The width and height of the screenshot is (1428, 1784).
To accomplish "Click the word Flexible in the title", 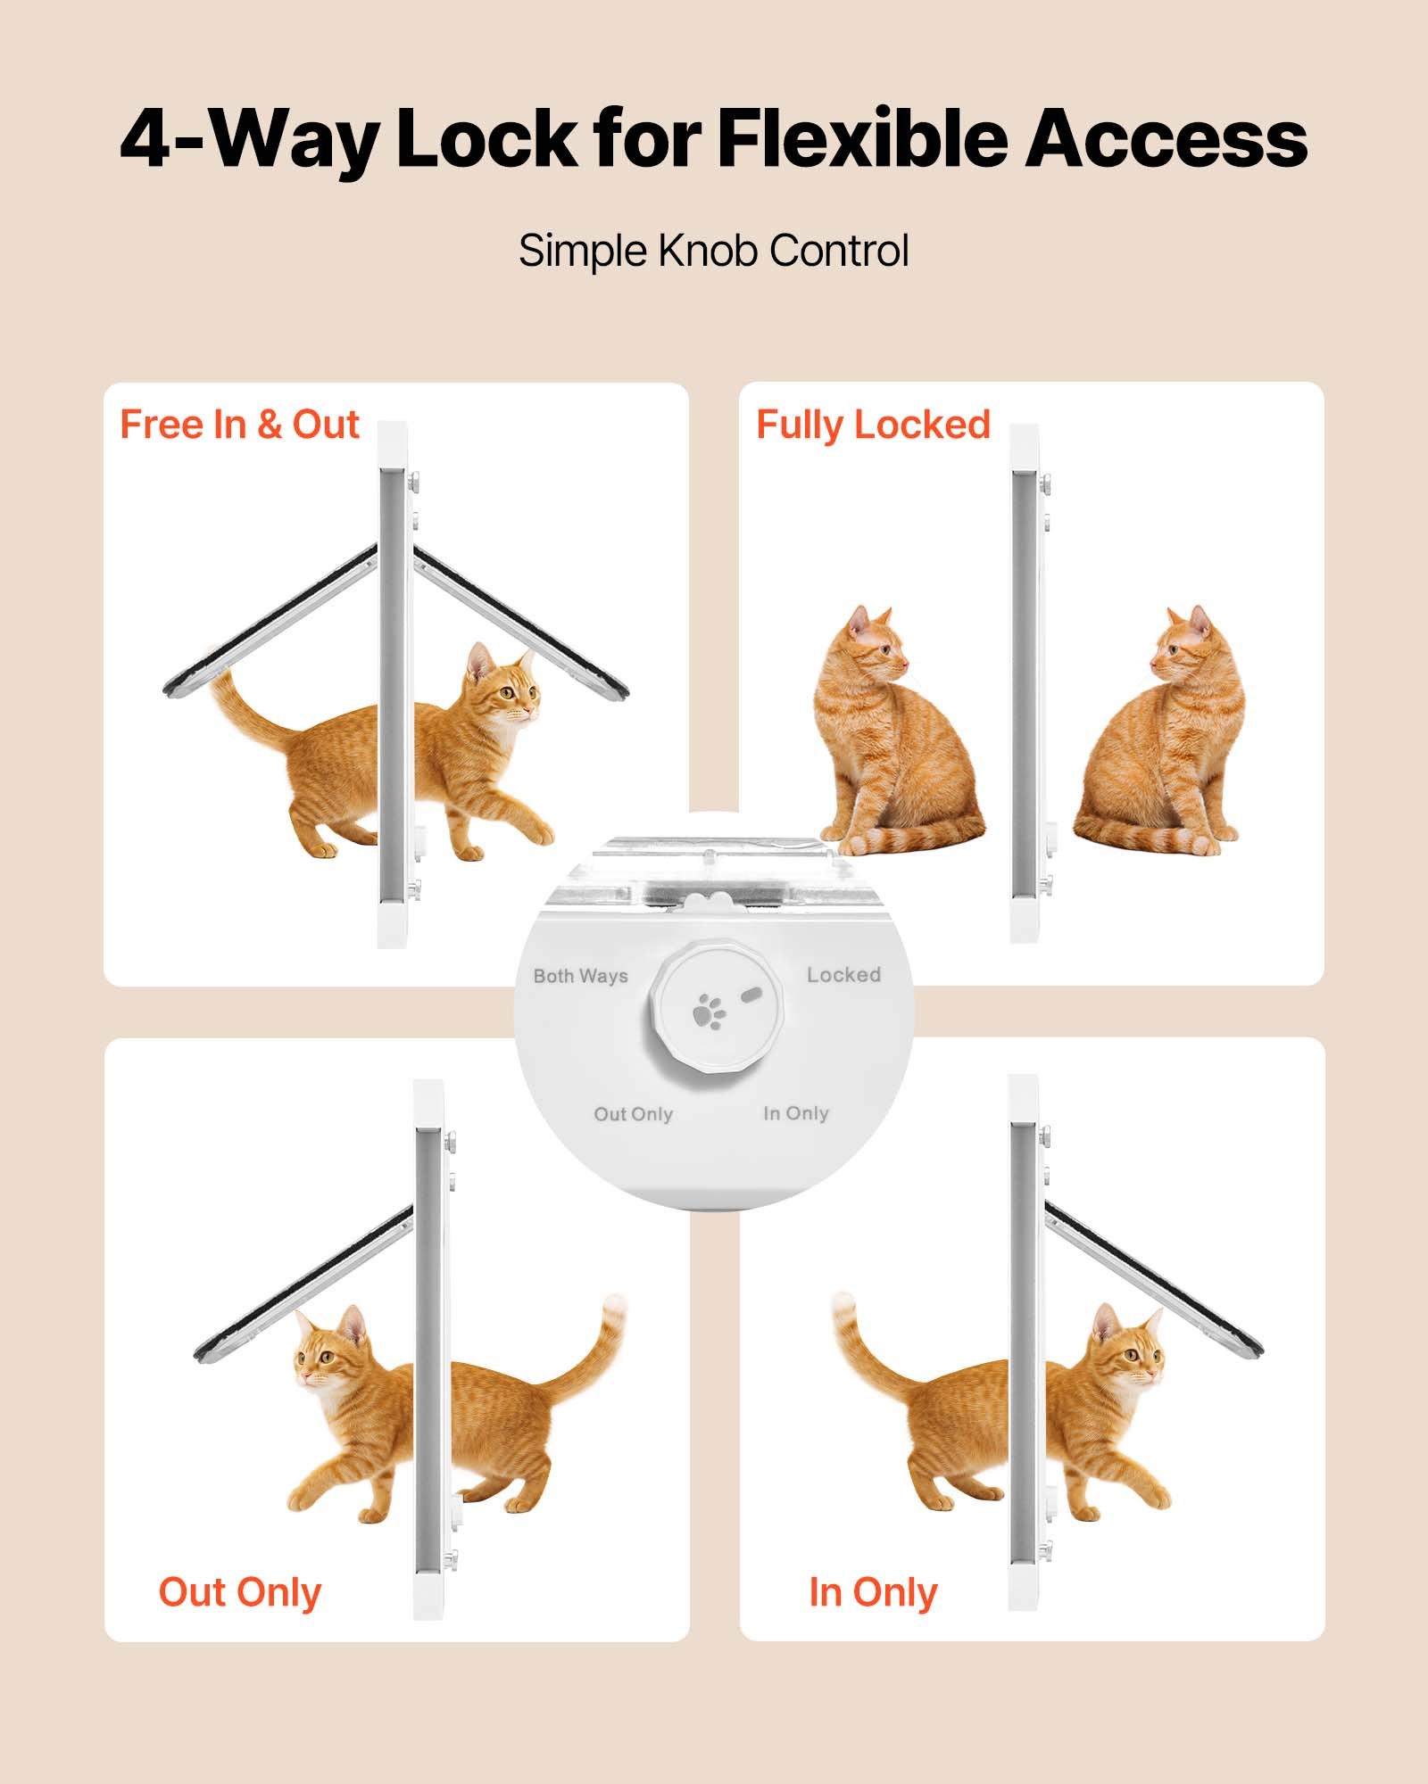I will [x=861, y=141].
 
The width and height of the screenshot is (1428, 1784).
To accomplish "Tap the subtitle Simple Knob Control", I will [x=713, y=251].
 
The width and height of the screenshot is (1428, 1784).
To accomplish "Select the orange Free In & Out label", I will [x=239, y=425].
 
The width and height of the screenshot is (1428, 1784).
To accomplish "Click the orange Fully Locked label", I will [x=873, y=425].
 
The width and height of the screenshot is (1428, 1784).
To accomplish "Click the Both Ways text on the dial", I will [x=580, y=976].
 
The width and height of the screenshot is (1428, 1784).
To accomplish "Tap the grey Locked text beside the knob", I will [x=843, y=975].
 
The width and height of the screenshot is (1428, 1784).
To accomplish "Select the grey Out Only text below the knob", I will [x=633, y=1114].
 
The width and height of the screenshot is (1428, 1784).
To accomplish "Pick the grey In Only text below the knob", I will [x=796, y=1113].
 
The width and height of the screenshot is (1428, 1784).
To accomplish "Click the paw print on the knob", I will [x=710, y=1012].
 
